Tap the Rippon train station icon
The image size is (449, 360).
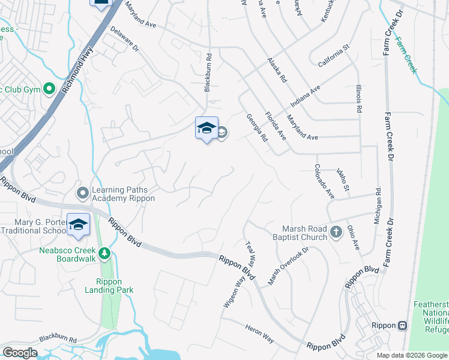click(402, 325)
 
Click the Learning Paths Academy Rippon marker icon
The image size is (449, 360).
click(82, 193)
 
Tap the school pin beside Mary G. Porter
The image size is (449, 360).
click(78, 224)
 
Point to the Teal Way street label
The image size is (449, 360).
click(250, 255)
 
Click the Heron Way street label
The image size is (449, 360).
click(259, 335)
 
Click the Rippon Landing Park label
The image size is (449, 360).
click(114, 286)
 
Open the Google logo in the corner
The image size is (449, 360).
click(20, 352)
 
